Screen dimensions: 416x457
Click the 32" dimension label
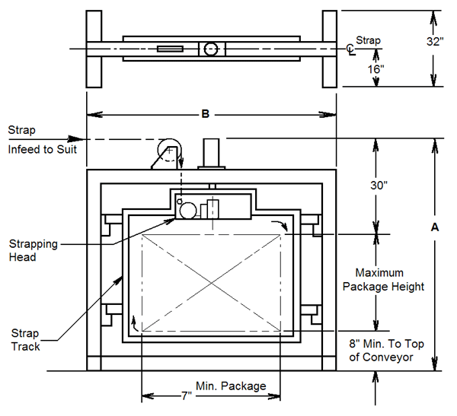click(x=435, y=43)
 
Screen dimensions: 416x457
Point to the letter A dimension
click(x=434, y=227)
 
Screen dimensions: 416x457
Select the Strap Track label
click(x=25, y=340)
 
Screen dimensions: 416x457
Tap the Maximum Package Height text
click(x=383, y=279)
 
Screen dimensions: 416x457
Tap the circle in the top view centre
click(x=211, y=49)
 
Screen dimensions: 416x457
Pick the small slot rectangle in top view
click(x=170, y=49)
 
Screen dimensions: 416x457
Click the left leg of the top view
click(x=94, y=49)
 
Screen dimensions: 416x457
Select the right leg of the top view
click(x=330, y=49)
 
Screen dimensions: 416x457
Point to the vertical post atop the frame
click(x=210, y=153)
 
